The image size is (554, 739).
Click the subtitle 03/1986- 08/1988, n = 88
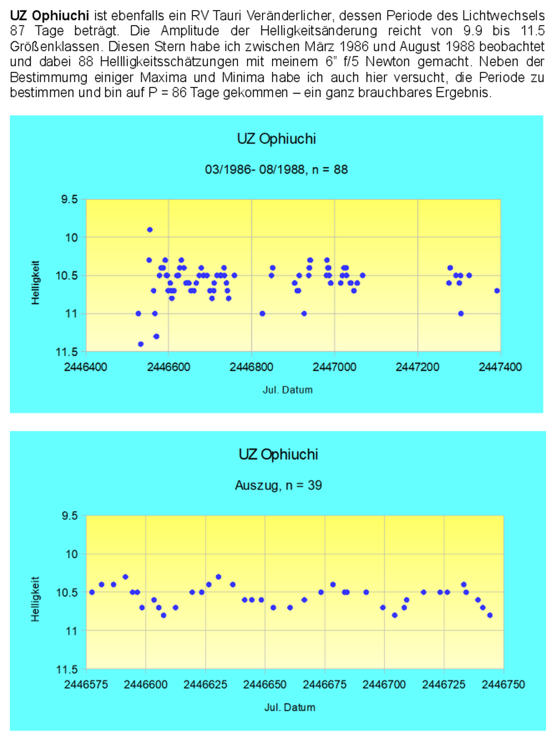pyautogui.click(x=276, y=170)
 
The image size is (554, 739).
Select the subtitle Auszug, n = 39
pyautogui.click(x=278, y=485)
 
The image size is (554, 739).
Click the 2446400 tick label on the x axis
pyautogui.click(x=86, y=367)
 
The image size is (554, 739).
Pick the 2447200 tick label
pyautogui.click(x=417, y=367)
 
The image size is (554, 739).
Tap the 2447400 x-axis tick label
pyautogui.click(x=500, y=367)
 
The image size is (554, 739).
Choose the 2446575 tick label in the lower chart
pyautogui.click(x=86, y=684)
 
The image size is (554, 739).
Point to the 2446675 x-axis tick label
pyautogui.click(x=324, y=684)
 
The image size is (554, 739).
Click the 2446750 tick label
pyautogui.click(x=503, y=684)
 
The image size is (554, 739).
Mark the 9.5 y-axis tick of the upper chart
pyautogui.click(x=70, y=199)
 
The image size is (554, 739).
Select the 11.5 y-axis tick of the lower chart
pyautogui.click(x=67, y=669)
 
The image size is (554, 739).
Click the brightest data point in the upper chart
pyautogui.click(x=150, y=230)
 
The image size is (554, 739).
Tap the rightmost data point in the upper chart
pyautogui.click(x=497, y=290)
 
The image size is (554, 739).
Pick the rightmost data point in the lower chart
pyautogui.click(x=489, y=615)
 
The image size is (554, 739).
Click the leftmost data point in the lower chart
pyautogui.click(x=92, y=592)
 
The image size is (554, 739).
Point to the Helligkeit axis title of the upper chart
pyautogui.click(x=36, y=282)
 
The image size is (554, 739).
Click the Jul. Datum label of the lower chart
pyautogui.click(x=289, y=707)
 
